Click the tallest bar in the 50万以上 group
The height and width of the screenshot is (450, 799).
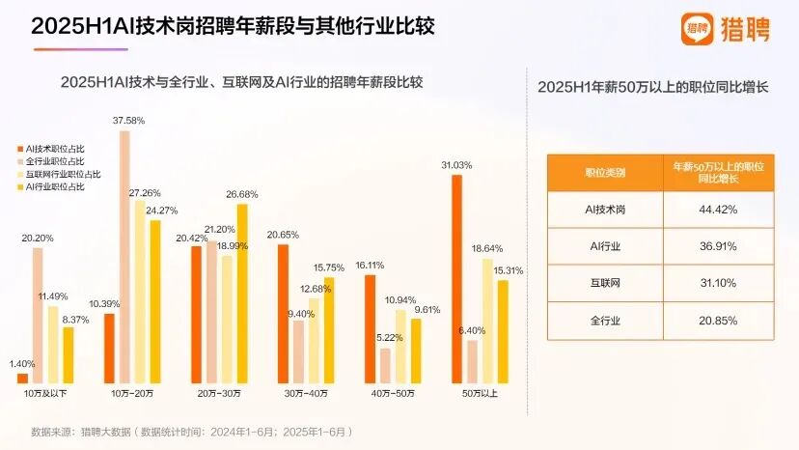point(456,276)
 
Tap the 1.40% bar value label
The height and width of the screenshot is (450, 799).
point(20,363)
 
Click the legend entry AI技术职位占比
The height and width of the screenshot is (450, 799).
point(54,148)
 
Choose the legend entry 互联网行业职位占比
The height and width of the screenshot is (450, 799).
point(59,173)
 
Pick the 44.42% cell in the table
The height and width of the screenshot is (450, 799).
point(717,209)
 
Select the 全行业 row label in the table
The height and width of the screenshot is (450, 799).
point(605,320)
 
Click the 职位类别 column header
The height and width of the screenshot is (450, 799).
point(605,172)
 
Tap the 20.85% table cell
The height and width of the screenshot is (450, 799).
point(717,320)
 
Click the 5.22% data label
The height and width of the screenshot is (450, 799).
point(384,338)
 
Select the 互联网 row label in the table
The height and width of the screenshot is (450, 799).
point(605,283)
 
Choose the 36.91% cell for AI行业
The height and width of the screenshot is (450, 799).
point(717,246)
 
